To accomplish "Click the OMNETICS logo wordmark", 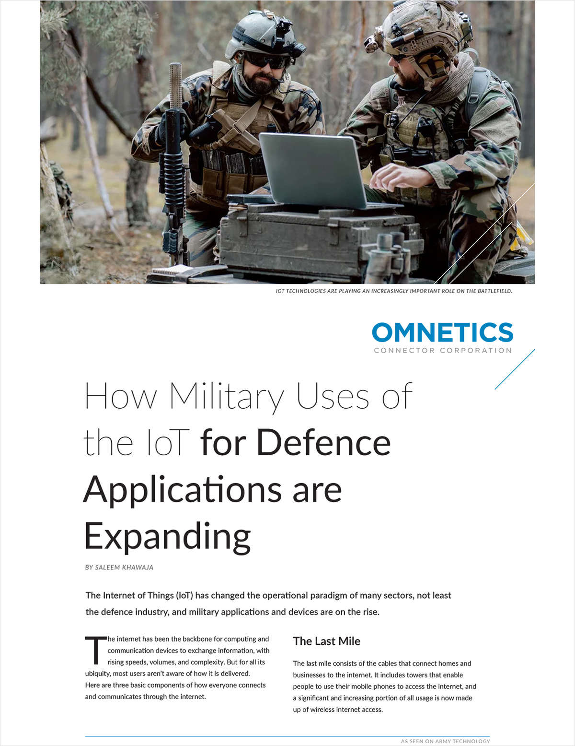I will tap(442, 332).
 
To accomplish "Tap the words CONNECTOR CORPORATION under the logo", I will tap(443, 351).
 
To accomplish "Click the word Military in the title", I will tap(226, 397).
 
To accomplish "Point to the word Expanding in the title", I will tap(168, 536).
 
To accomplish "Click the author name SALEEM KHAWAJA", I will tap(124, 567).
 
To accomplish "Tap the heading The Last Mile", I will tap(326, 641).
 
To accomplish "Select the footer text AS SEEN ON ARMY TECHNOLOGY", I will tap(445, 741).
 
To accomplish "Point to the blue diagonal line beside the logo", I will tap(515, 369).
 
